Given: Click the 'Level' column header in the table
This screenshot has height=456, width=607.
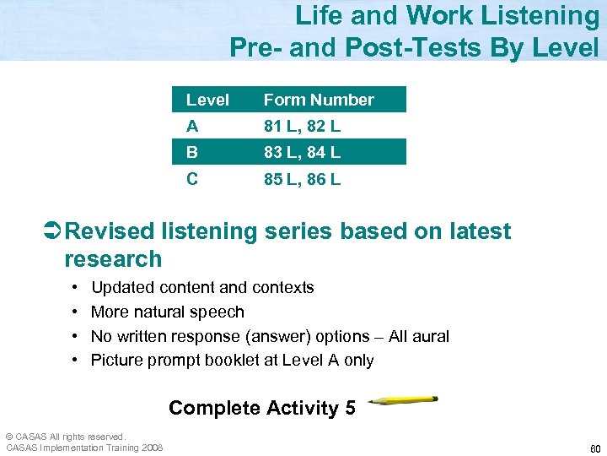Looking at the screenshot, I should point(207,100).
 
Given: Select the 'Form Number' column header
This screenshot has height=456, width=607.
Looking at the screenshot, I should point(318,100).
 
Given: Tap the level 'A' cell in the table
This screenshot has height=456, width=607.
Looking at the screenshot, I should point(193,127).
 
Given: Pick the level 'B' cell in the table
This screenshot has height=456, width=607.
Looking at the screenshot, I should point(193,153).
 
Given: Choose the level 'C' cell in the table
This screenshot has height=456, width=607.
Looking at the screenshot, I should point(193,179).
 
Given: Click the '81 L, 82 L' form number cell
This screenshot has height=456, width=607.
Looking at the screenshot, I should point(302,127).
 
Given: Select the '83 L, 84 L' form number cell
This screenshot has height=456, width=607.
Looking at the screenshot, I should point(302,153).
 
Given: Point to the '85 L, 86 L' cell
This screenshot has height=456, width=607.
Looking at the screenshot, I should point(302,179).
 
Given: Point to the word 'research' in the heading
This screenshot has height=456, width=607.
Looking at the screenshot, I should point(112,258).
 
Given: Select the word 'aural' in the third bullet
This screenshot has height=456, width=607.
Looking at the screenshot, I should point(430,336).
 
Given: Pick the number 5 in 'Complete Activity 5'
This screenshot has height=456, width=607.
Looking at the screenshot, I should point(349,408).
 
